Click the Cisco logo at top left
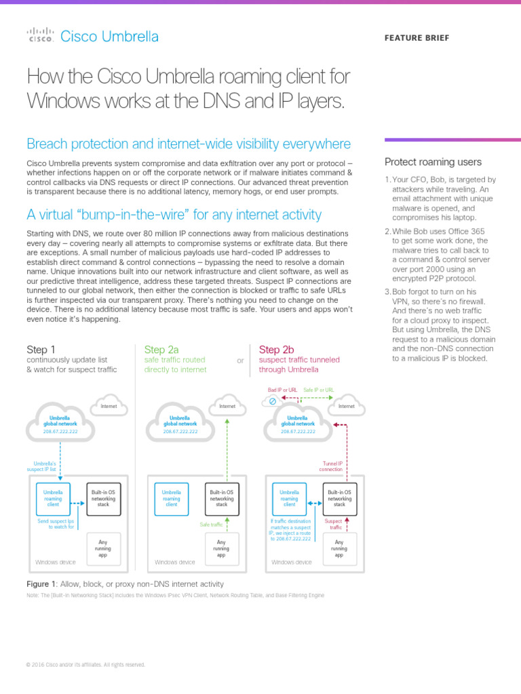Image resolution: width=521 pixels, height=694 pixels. pos(40,35)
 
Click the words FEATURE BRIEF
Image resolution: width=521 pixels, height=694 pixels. pos(417,38)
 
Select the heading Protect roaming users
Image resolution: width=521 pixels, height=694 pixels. pos(433,162)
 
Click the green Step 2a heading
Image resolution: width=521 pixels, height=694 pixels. pos(161,350)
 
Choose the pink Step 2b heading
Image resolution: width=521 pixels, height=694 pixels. pos(276,350)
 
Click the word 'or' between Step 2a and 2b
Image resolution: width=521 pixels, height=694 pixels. pos(240,361)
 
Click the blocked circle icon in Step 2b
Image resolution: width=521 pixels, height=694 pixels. pos(273,402)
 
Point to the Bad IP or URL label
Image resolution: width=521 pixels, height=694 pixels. pos(283,390)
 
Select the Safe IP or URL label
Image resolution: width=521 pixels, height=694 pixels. pos(319,390)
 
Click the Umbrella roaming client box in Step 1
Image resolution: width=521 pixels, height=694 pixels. pos(54,498)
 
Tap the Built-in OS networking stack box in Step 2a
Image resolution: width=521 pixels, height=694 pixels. pos(222,498)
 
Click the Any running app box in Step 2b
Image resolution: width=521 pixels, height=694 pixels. pos(339,548)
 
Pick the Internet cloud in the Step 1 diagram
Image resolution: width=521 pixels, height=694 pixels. pos(109,405)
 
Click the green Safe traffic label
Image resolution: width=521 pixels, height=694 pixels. pos(211,525)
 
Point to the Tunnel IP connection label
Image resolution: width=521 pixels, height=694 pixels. pos(330,466)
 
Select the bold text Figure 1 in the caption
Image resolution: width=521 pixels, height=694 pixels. pos(40,584)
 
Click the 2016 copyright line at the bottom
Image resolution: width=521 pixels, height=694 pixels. pos(85,665)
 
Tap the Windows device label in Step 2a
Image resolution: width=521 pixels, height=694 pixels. pos(175,562)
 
